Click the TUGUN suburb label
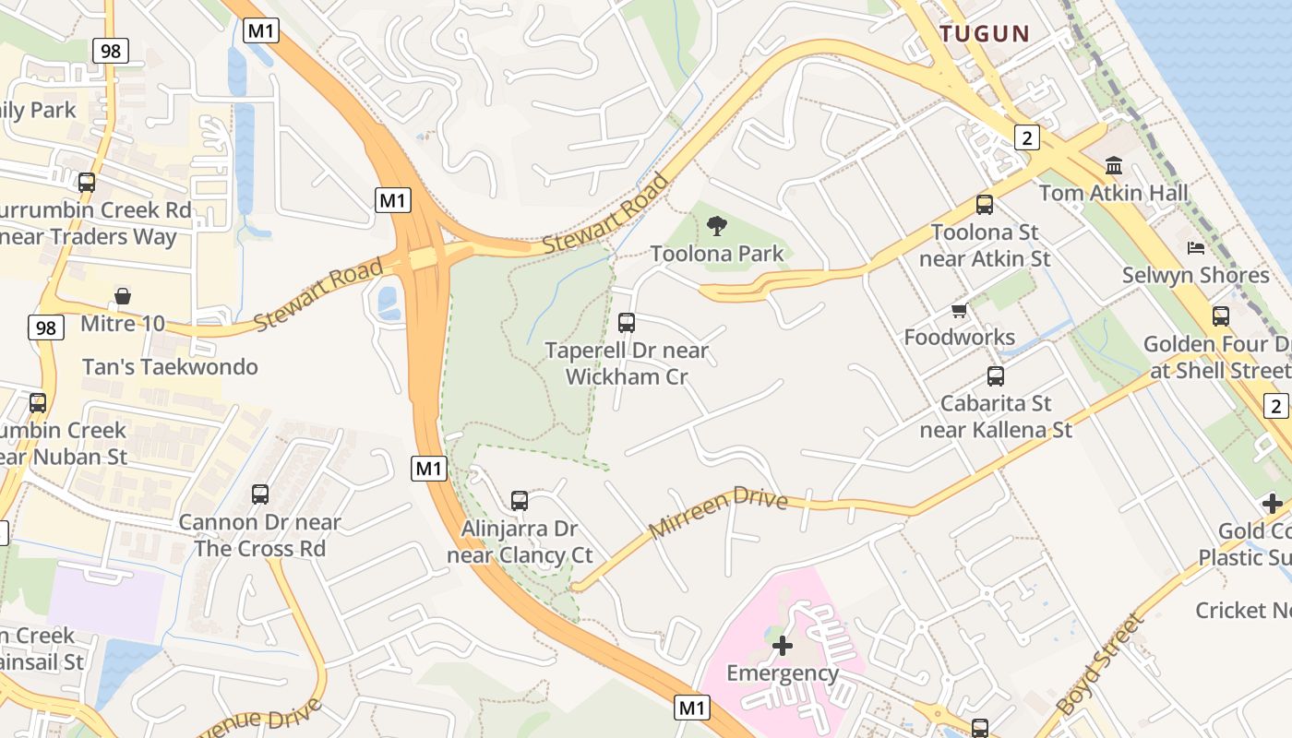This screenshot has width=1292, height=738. point(984,34)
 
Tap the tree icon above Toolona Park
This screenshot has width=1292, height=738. point(716,226)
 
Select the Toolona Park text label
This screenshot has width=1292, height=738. point(717,254)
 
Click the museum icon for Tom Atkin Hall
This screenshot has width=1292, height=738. point(1114,166)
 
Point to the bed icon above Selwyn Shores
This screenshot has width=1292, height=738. point(1196,248)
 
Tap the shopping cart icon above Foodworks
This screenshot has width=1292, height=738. point(960,311)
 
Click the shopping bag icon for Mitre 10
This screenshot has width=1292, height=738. point(123,296)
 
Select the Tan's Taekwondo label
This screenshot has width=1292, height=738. point(170,367)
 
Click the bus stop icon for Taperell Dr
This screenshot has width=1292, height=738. point(627,323)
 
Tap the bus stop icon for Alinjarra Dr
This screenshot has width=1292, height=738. point(520,501)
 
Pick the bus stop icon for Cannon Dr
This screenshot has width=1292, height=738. point(260,494)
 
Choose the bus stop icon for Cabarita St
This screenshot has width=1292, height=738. point(996,376)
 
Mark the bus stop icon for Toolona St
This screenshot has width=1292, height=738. point(985,205)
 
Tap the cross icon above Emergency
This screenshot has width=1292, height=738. point(783,646)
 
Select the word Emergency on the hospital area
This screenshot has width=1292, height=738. point(783,673)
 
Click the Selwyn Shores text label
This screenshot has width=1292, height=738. point(1195,275)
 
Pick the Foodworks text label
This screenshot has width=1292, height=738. point(960,338)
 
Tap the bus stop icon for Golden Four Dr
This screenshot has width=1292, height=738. point(1221,316)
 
